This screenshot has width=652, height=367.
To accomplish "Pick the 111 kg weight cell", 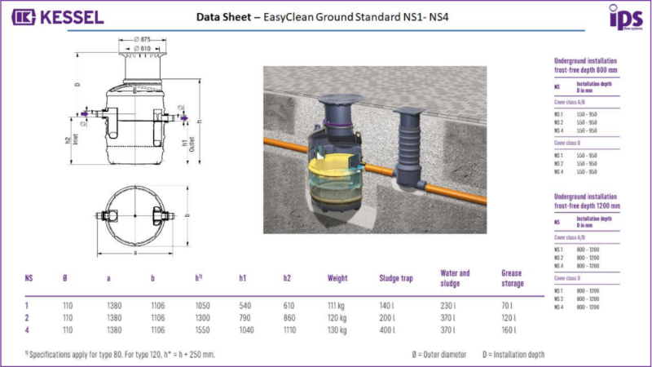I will pyautogui.click(x=337, y=304).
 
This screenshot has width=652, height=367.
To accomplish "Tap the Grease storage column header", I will pyautogui.click(x=512, y=278).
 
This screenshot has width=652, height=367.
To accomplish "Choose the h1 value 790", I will pyautogui.click(x=245, y=316).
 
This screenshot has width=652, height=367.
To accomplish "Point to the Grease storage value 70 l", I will pyautogui.click(x=507, y=304).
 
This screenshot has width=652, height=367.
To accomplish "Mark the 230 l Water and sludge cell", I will pyautogui.click(x=447, y=304).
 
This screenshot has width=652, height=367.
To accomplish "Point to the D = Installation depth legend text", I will pyautogui.click(x=513, y=355).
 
